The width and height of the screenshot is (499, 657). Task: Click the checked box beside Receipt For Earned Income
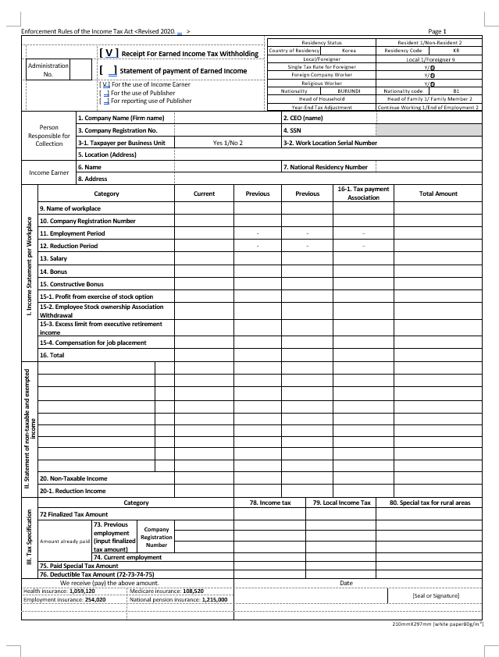pos(109,53)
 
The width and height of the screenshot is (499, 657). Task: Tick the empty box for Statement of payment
pos(109,70)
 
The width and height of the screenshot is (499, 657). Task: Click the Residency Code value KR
pos(456,50)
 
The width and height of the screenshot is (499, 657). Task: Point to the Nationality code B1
pos(456,91)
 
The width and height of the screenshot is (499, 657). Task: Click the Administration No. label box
pos(48,70)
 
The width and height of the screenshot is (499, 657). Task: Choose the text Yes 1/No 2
pos(227,143)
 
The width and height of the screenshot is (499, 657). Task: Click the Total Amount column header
pos(438,194)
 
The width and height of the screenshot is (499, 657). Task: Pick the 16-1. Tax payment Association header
pos(363,194)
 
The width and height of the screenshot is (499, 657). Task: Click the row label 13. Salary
pos(54,257)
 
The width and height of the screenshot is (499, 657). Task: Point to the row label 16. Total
pos(52,355)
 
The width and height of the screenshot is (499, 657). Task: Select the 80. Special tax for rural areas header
pos(436,503)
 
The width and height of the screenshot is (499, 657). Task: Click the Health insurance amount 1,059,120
pos(82,591)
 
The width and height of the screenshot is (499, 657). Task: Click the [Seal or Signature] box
pos(436,596)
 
